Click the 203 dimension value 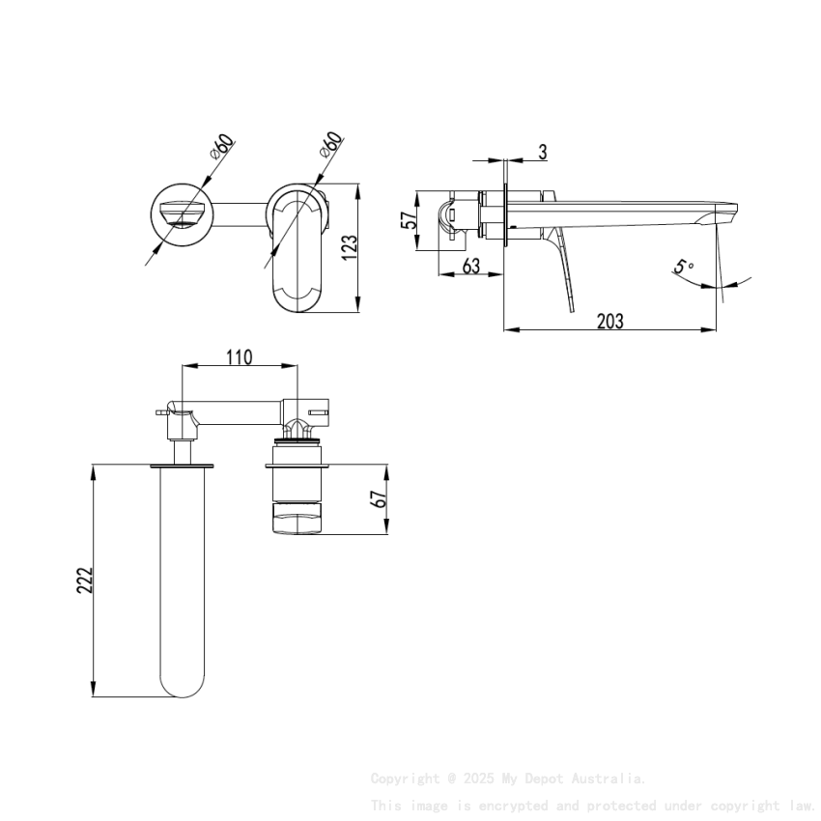pyautogui.click(x=609, y=322)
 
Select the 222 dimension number pyautogui.click(x=85, y=580)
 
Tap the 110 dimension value pyautogui.click(x=239, y=357)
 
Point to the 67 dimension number pyautogui.click(x=379, y=499)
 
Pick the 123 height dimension pyautogui.click(x=350, y=246)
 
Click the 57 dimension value pyautogui.click(x=410, y=221)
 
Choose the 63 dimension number pyautogui.click(x=470, y=266)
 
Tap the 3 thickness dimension pyautogui.click(x=543, y=152)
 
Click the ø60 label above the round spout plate pyautogui.click(x=221, y=148)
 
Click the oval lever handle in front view pyautogui.click(x=297, y=253)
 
